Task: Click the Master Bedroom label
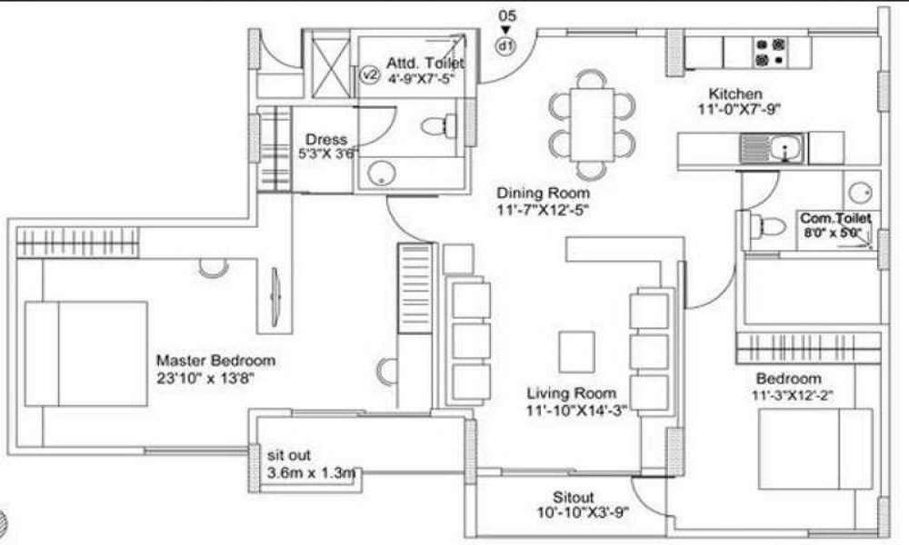215,361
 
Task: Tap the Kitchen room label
735,94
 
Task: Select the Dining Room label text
543,193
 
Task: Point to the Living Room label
572,393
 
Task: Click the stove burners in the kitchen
769,52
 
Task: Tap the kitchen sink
773,148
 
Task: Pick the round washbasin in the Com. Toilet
861,192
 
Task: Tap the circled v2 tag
369,75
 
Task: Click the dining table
591,124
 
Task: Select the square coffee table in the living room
576,351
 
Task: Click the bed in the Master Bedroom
86,353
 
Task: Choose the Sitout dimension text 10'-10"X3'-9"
583,513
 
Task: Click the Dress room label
325,140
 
